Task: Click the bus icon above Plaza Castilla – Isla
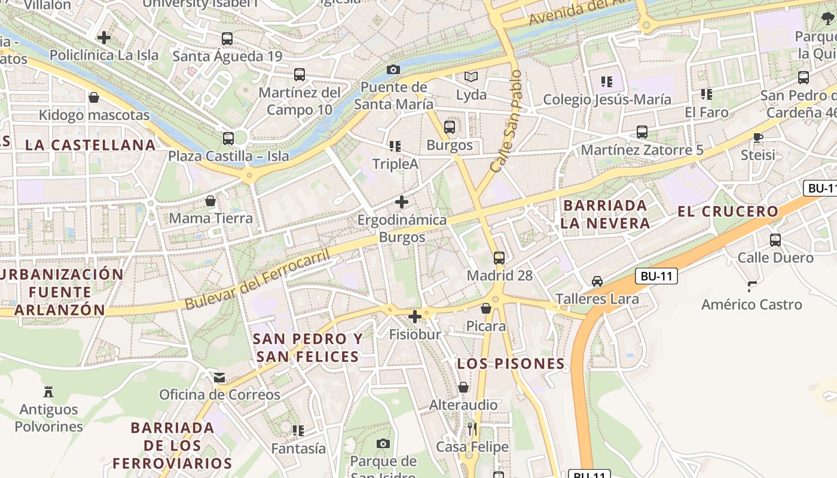coord(228,139)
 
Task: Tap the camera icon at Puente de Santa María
coord(393,69)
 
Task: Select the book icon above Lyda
coord(471,77)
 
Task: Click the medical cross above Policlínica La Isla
coord(104,38)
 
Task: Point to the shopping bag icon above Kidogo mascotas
coord(94,97)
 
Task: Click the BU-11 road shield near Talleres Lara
coord(656,276)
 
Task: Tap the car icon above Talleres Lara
coord(597,281)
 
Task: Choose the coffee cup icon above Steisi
coord(758,137)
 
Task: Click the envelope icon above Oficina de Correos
coord(219,378)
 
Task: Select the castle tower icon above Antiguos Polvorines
coord(48,392)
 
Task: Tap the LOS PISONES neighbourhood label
coord(511,364)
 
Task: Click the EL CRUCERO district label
coord(728,212)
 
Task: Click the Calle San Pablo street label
coord(506,122)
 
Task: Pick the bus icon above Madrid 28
coord(499,258)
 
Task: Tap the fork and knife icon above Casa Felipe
coord(472,429)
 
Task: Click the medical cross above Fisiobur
coord(415,317)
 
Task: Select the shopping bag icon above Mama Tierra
coord(210,201)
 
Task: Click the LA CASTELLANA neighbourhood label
coord(90,145)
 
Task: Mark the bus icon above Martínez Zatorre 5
coord(642,132)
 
